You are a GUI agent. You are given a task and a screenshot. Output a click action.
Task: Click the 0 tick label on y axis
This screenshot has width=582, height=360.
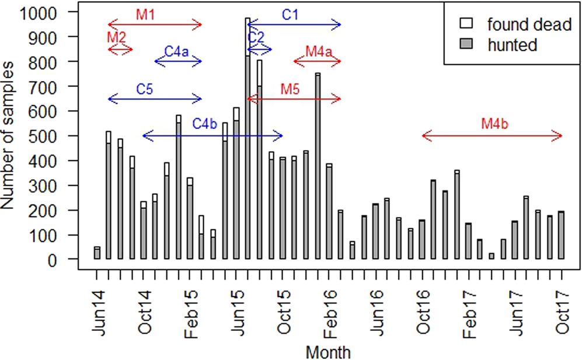(68, 260)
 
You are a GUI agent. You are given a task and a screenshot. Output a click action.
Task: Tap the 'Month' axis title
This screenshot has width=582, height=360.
(328, 352)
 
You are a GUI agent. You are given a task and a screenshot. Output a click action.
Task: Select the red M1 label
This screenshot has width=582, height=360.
(145, 15)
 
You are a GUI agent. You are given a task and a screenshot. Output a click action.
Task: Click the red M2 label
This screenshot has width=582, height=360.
(116, 36)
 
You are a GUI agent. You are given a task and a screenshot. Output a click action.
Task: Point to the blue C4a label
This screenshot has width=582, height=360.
(176, 51)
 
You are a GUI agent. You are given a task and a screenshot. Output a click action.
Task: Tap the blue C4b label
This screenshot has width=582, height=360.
(205, 124)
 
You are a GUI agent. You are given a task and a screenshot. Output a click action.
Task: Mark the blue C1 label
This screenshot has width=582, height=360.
(290, 15)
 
